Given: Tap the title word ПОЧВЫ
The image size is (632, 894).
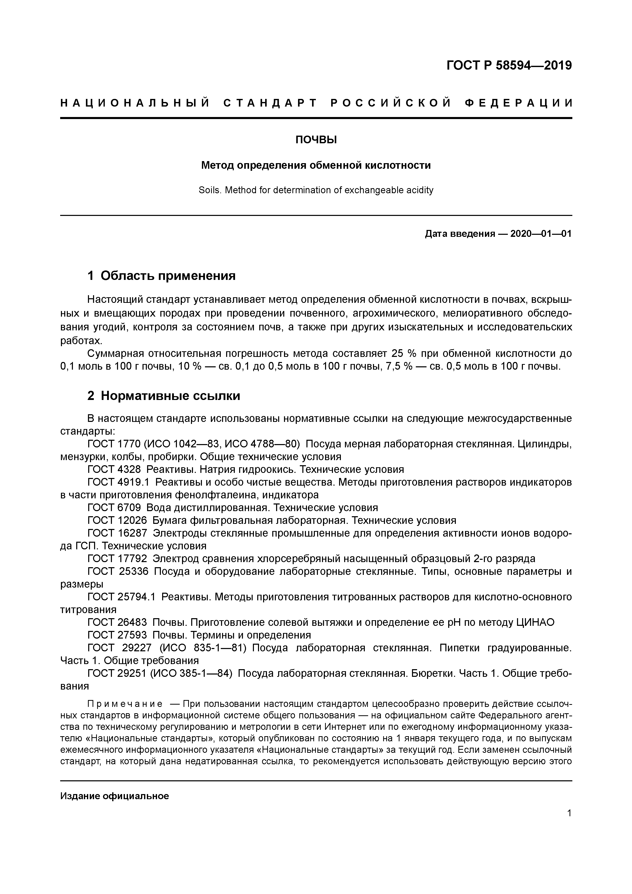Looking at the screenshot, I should click(x=316, y=140).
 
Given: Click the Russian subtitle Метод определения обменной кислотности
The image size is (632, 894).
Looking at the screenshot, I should click(x=316, y=165).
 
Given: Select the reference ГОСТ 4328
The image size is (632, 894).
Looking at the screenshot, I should click(x=114, y=469).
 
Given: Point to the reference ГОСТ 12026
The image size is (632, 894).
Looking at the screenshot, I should click(x=117, y=521).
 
